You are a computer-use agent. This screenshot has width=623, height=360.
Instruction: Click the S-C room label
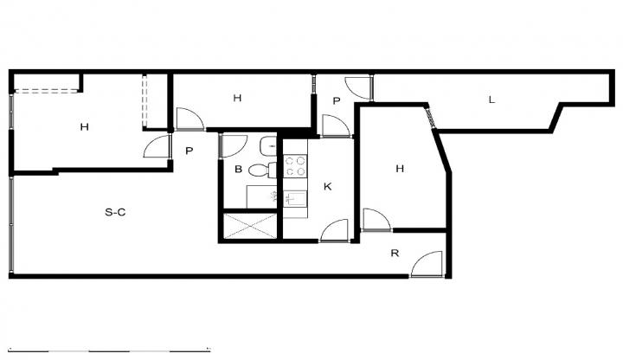tap(115, 213)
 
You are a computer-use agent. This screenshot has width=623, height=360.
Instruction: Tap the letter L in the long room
tap(491, 100)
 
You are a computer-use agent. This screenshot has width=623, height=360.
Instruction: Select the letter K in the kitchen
tap(327, 186)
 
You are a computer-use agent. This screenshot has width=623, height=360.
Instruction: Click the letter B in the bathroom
tap(239, 170)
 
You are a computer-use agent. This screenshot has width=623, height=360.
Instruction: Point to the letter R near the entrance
tap(395, 253)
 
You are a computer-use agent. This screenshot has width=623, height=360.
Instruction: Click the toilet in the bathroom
tap(263, 170)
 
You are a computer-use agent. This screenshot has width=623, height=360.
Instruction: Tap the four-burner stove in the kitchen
tap(295, 165)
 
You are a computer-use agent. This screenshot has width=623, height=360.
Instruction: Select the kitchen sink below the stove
tap(295, 198)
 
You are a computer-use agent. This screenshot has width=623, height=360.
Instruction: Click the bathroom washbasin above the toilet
tap(268, 146)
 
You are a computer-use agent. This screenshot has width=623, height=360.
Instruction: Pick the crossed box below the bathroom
tap(250, 227)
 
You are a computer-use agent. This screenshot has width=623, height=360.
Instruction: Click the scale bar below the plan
tap(109, 350)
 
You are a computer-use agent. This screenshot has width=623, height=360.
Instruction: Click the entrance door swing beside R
tap(427, 263)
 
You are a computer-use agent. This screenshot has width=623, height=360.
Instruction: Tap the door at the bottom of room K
tap(334, 230)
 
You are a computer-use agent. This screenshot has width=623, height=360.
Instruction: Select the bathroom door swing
tap(234, 146)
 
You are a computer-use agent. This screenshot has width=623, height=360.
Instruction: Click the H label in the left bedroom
tap(84, 127)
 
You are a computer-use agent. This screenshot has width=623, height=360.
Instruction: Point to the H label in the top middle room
tap(237, 98)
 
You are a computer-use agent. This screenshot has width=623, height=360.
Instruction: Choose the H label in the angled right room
tap(400, 169)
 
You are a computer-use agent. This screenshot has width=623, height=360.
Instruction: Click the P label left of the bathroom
tap(189, 151)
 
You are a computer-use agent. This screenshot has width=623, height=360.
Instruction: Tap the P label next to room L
tap(337, 101)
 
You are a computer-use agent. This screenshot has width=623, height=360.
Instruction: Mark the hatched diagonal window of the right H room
tap(430, 118)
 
